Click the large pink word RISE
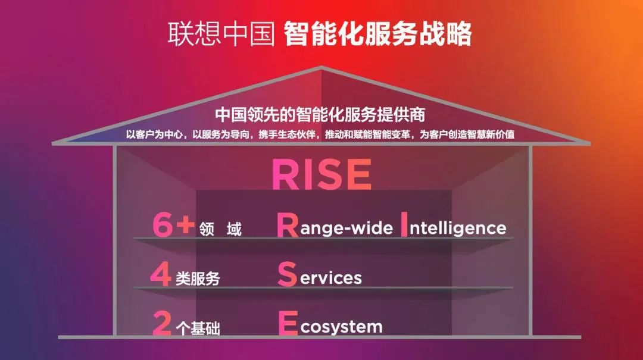[322, 174]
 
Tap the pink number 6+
[173, 225]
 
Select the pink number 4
[161, 274]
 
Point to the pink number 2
[162, 324]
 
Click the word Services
[320, 274]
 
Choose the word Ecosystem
[330, 324]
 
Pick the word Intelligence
[453, 225]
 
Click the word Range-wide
[335, 225]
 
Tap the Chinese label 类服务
[198, 279]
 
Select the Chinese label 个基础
[198, 328]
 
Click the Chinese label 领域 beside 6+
[221, 229]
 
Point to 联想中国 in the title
[221, 34]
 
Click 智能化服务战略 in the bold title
[377, 34]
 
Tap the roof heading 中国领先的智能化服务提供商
[320, 115]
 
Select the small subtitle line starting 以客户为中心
[320, 134]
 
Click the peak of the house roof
[321, 67]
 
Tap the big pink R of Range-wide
[288, 225]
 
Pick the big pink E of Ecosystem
[288, 324]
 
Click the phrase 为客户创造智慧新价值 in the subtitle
[467, 134]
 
